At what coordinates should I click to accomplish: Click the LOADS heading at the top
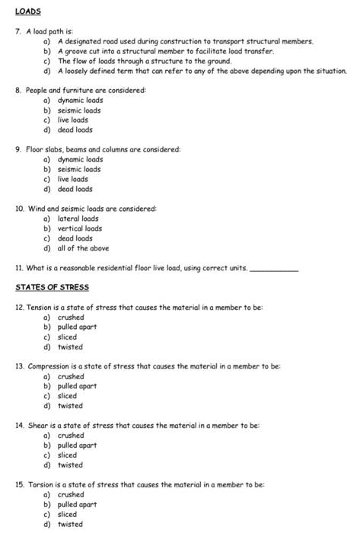pyautogui.click(x=27, y=12)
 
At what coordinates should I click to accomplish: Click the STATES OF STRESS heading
pyautogui.click(x=52, y=287)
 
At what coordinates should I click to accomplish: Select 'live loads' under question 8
pyautogui.click(x=72, y=120)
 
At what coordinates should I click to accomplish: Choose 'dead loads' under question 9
pyautogui.click(x=75, y=189)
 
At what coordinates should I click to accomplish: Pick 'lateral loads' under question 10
pyautogui.click(x=78, y=219)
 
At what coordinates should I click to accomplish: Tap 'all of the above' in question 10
pyautogui.click(x=83, y=248)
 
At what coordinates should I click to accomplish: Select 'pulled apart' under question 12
pyautogui.click(x=77, y=327)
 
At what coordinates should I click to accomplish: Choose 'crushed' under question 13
pyautogui.click(x=71, y=376)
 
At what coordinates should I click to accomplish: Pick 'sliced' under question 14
pyautogui.click(x=67, y=455)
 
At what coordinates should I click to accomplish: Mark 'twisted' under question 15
pyautogui.click(x=70, y=524)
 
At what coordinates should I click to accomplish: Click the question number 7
pyautogui.click(x=18, y=30)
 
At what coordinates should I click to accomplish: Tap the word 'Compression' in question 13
pyautogui.click(x=48, y=366)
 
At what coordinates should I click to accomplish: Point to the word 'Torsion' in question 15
pyautogui.click(x=40, y=484)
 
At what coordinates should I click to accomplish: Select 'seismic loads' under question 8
pyautogui.click(x=79, y=110)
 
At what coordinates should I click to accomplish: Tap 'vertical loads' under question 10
pyautogui.click(x=79, y=228)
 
